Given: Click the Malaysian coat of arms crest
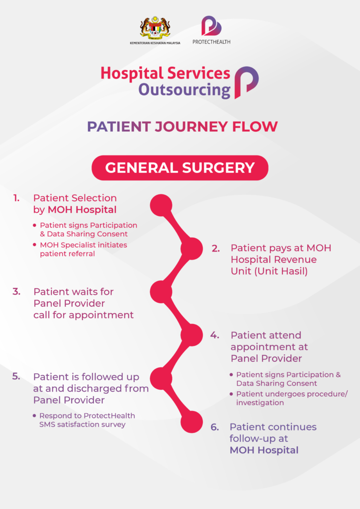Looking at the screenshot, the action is click(155, 28).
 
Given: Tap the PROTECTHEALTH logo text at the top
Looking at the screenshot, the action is click(211, 42).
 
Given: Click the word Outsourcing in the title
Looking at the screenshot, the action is click(184, 90).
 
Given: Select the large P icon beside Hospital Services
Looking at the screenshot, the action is click(247, 83).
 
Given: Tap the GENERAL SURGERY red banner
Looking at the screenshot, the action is click(180, 168).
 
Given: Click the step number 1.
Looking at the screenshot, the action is click(16, 198).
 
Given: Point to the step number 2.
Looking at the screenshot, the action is click(216, 249).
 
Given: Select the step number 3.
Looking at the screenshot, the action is click(16, 291).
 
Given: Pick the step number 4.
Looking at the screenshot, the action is click(215, 335).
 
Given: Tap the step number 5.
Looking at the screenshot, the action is click(16, 376).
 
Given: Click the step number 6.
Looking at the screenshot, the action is click(215, 427).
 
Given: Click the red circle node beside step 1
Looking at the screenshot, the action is click(161, 205).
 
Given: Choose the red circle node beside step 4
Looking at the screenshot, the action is click(191, 335).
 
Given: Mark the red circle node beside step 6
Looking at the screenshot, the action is click(191, 422).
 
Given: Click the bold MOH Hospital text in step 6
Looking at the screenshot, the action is click(264, 450).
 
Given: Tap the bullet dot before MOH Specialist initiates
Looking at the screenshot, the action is click(34, 245).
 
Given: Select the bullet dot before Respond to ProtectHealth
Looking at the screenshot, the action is click(34, 416).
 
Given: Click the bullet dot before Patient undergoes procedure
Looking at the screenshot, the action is click(231, 394).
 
